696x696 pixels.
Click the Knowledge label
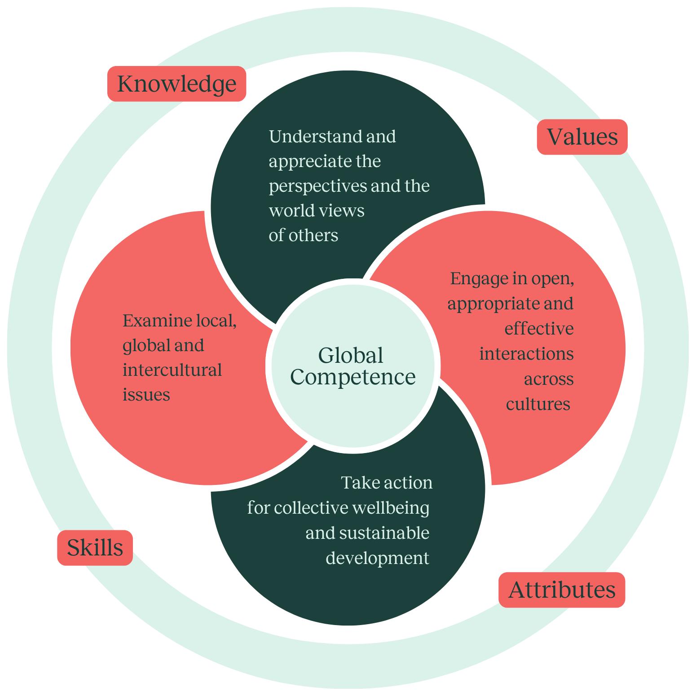(176, 84)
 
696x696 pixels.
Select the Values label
(582, 137)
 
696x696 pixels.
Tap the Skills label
(95, 548)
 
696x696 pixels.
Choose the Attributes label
(562, 590)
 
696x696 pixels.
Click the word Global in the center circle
(351, 355)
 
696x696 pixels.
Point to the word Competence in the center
(353, 377)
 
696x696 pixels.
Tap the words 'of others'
(303, 235)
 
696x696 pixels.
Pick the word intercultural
(172, 370)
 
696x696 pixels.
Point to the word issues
(146, 395)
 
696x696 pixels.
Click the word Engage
(477, 279)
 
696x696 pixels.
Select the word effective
(539, 329)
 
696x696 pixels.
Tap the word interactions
(526, 354)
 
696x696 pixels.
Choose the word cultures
(538, 404)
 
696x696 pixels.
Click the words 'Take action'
(387, 483)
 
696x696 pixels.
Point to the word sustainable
(384, 533)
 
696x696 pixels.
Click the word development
(377, 558)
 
